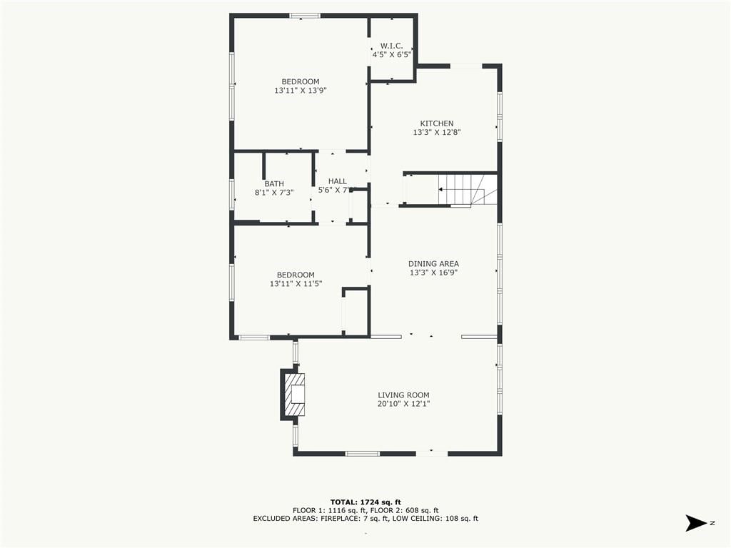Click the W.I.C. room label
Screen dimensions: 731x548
392,46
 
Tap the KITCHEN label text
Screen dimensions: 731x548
437,123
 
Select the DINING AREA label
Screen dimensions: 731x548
433,264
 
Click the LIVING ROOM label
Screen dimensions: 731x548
404,395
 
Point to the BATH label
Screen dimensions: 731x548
274,183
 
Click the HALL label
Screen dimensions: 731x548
338,181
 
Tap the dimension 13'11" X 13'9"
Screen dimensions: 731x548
301,91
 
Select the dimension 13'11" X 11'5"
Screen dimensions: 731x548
296,283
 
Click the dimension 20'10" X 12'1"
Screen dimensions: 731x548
404,404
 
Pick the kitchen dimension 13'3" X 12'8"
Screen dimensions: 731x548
437,132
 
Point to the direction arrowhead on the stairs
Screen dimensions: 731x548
440,189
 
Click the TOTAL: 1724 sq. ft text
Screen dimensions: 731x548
365,502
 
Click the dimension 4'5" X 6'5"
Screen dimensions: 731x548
392,54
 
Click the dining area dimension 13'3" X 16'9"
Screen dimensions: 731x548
433,273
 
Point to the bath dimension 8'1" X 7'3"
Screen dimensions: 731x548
274,193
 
